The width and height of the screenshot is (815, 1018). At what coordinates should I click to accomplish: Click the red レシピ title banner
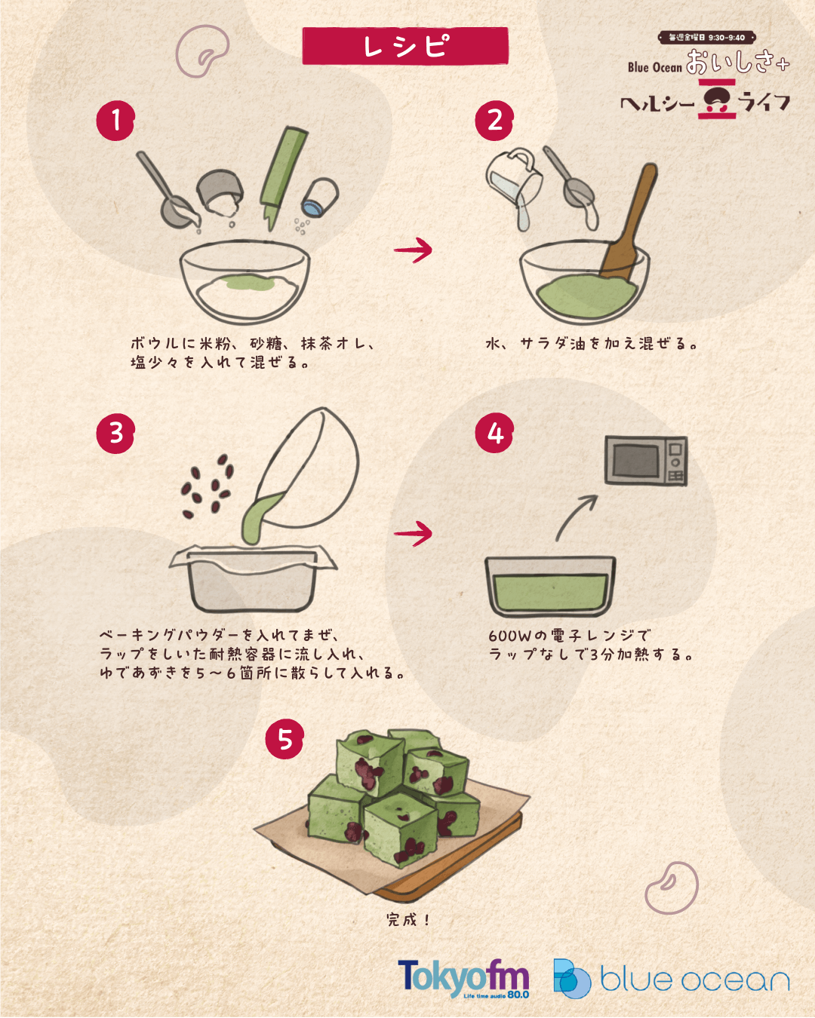tap(405, 46)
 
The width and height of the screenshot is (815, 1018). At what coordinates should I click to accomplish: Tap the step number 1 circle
tap(115, 120)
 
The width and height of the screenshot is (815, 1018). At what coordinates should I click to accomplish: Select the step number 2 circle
tap(494, 120)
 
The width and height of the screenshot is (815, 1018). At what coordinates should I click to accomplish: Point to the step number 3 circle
tap(115, 434)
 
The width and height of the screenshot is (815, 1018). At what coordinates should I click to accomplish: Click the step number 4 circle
tap(494, 434)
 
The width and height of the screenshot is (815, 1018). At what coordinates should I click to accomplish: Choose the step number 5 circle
tap(284, 739)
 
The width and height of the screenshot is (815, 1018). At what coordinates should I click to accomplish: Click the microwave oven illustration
tap(646, 460)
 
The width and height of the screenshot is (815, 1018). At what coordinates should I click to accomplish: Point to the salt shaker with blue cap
tap(321, 198)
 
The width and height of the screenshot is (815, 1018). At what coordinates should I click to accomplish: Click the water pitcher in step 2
tap(514, 182)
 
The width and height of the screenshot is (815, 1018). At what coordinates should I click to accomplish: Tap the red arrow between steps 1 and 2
tap(413, 250)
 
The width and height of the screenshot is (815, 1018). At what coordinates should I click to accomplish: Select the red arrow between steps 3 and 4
tap(413, 533)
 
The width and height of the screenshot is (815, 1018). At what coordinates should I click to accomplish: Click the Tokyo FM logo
tap(463, 978)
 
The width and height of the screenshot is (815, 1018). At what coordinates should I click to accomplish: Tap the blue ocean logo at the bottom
tap(672, 978)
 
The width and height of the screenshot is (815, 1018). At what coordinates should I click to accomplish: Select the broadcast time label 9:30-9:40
tap(707, 38)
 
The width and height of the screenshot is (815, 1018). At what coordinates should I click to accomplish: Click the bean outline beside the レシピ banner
tap(203, 51)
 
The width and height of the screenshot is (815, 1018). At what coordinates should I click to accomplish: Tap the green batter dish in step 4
tap(550, 587)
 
